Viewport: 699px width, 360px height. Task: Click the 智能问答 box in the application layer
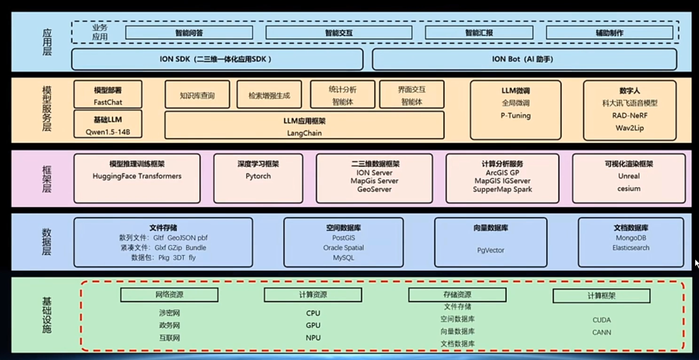click(188, 32)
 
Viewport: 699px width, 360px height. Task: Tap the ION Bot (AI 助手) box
click(524, 59)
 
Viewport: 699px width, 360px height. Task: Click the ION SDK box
click(216, 59)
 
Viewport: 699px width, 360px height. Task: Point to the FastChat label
click(107, 102)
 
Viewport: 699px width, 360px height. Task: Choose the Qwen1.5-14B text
click(107, 131)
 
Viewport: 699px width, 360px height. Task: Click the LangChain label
click(304, 133)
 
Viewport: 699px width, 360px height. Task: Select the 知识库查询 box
click(197, 96)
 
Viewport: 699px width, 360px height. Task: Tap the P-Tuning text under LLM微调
click(515, 116)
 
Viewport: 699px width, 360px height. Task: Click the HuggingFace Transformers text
click(137, 176)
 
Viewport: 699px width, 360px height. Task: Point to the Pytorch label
click(258, 176)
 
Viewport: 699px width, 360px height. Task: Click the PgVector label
click(491, 249)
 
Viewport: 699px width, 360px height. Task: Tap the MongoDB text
click(630, 238)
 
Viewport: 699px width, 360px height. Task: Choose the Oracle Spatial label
click(344, 248)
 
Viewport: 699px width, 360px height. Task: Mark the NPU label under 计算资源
click(313, 338)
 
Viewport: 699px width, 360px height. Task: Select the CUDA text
click(601, 320)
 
